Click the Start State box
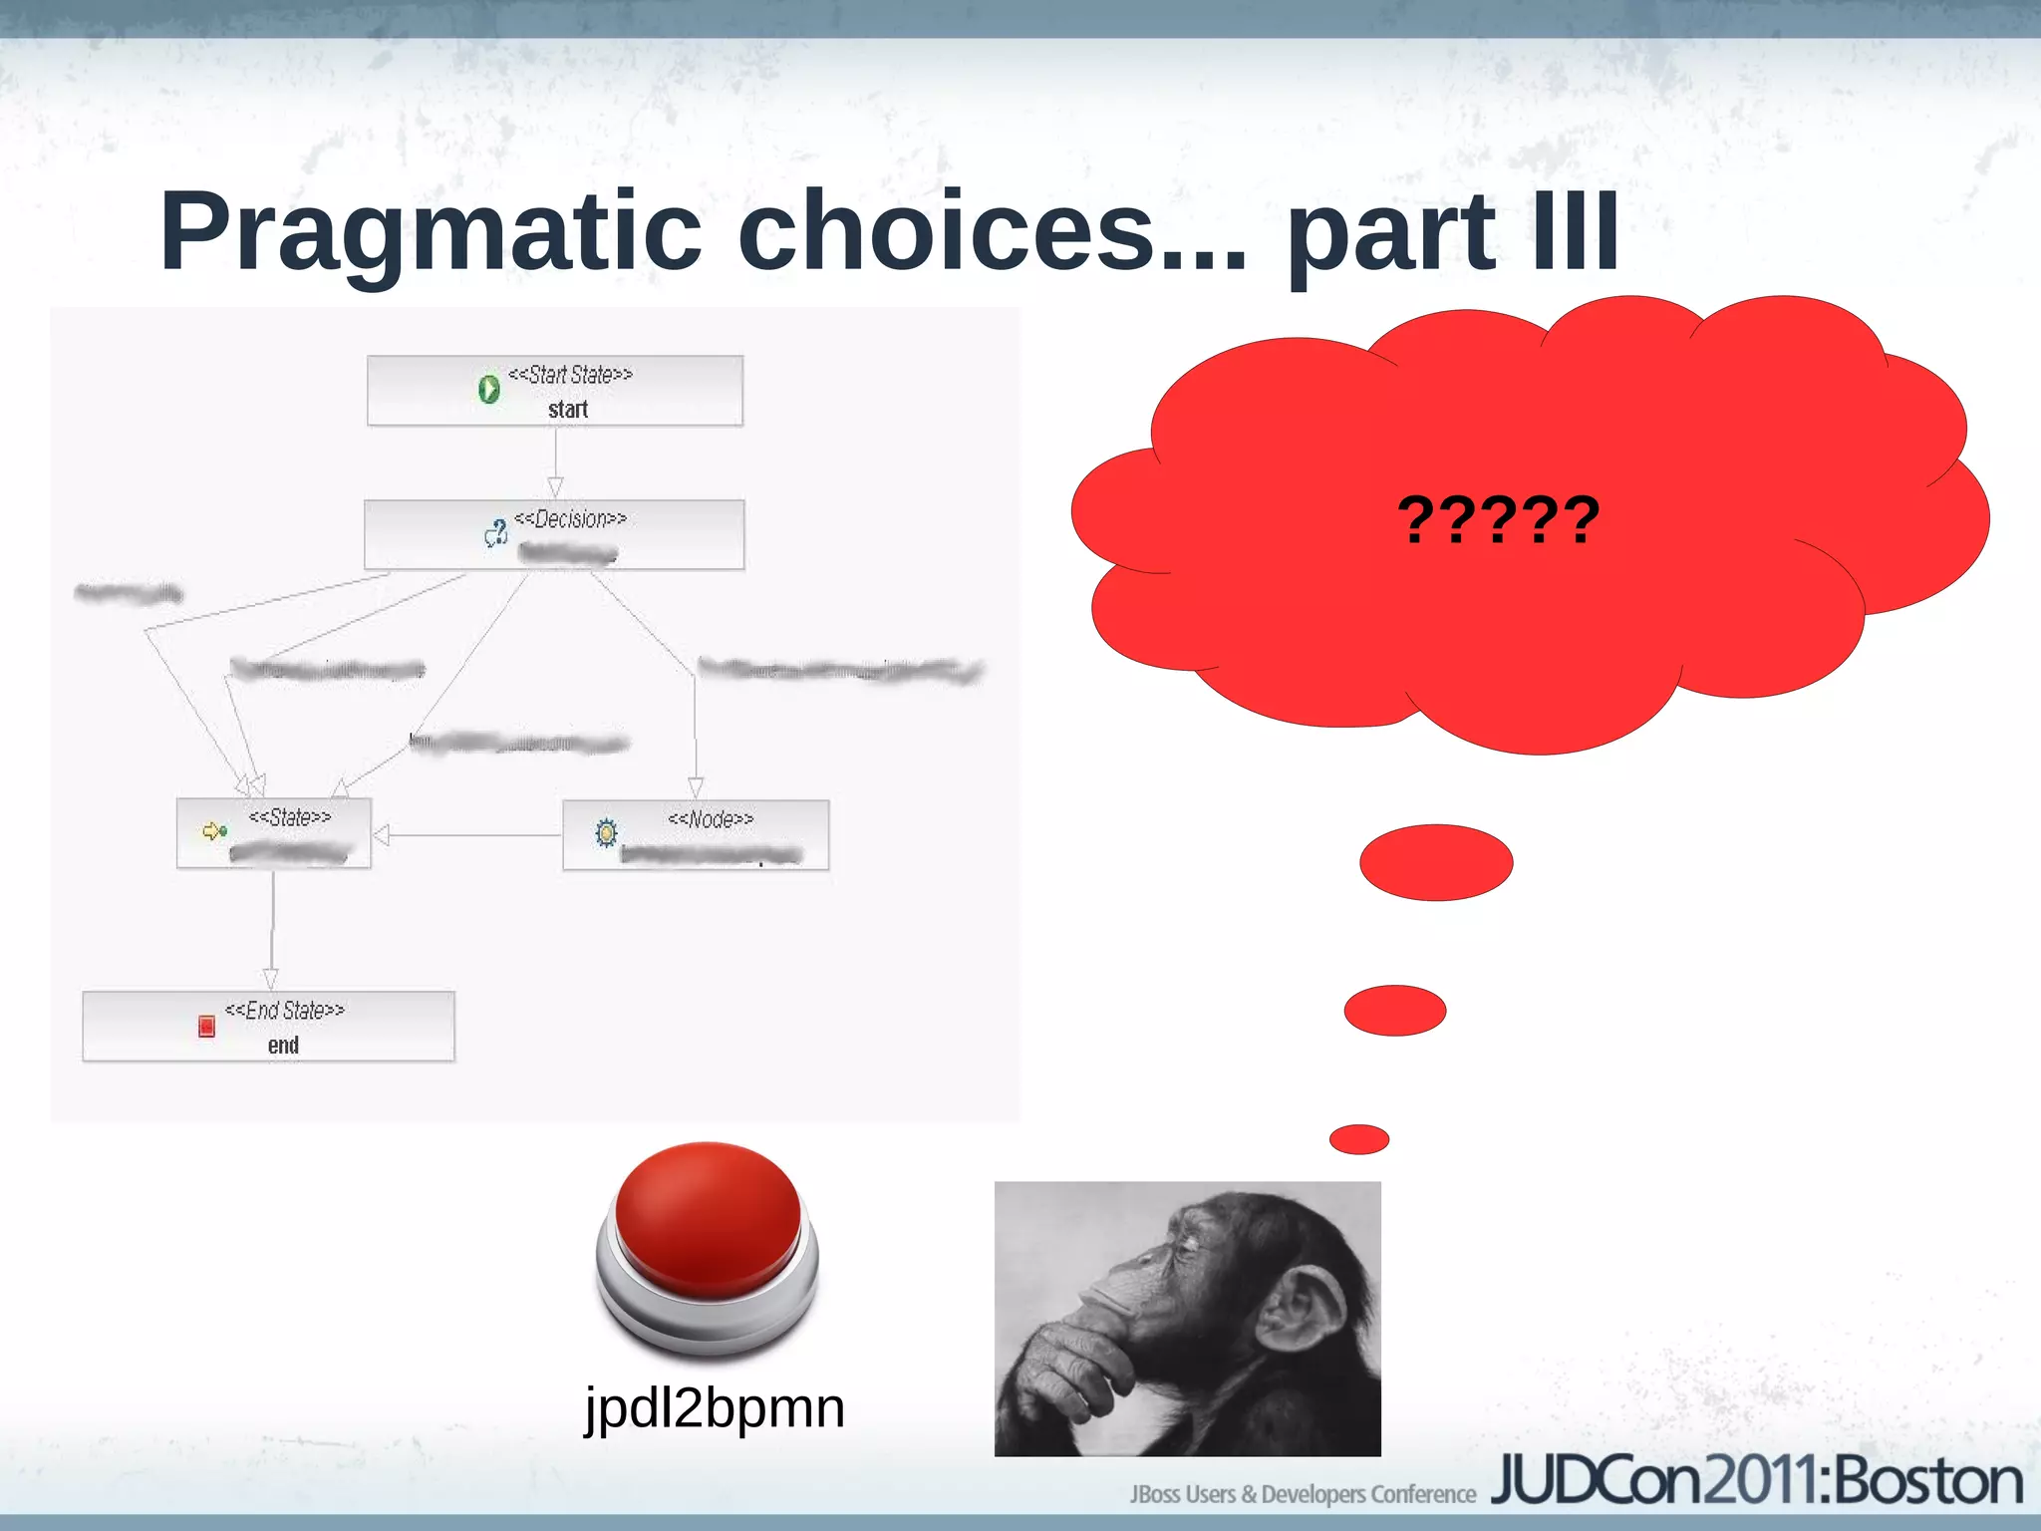[x=554, y=391]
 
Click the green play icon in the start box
[x=488, y=389]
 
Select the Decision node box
[x=554, y=535]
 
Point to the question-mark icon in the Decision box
[x=496, y=533]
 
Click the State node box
[x=274, y=833]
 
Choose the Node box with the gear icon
[x=696, y=835]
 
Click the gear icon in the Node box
[x=606, y=832]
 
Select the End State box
[x=268, y=1027]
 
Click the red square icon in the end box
[x=206, y=1026]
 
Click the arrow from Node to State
[x=468, y=835]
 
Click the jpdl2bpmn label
[x=715, y=1408]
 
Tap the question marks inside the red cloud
[x=1498, y=520]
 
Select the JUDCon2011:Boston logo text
[x=1756, y=1481]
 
